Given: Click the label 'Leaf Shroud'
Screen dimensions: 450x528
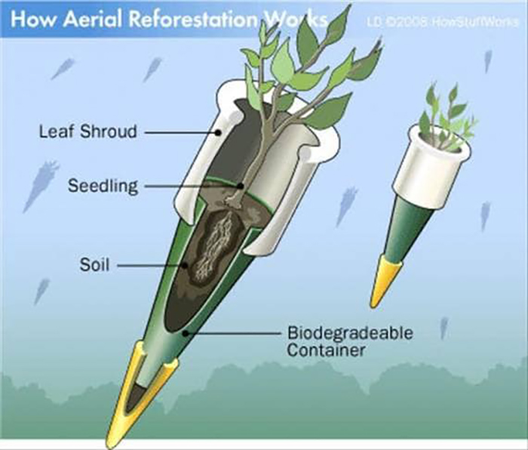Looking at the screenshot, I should (87, 132).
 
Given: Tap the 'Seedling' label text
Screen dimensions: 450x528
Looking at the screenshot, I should (103, 186).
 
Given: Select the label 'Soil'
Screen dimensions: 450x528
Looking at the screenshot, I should (95, 265).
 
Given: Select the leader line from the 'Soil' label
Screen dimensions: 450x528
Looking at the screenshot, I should (151, 266).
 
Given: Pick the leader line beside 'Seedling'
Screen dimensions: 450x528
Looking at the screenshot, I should (192, 186).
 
